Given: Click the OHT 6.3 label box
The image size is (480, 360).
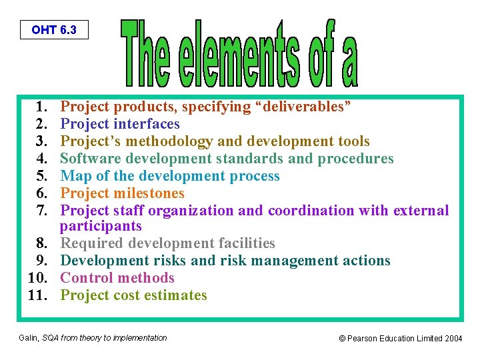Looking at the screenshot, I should click(53, 30).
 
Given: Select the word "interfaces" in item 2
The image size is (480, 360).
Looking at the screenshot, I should click(147, 124).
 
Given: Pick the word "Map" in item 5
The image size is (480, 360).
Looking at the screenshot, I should click(74, 176).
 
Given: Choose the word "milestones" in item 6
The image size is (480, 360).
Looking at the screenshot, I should click(149, 193).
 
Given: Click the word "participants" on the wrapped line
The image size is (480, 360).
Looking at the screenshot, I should click(101, 226).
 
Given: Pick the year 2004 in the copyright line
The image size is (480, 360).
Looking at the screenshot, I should click(453, 339).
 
